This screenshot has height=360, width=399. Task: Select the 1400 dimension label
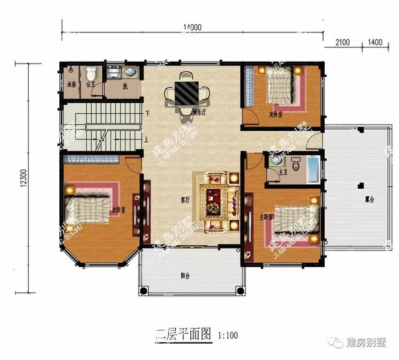375,42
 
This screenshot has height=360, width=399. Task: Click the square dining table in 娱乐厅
186,93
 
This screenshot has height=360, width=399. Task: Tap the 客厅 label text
185,200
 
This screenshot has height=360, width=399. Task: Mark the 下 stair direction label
147,114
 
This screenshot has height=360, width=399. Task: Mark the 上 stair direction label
147,139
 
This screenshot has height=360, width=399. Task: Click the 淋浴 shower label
71,85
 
